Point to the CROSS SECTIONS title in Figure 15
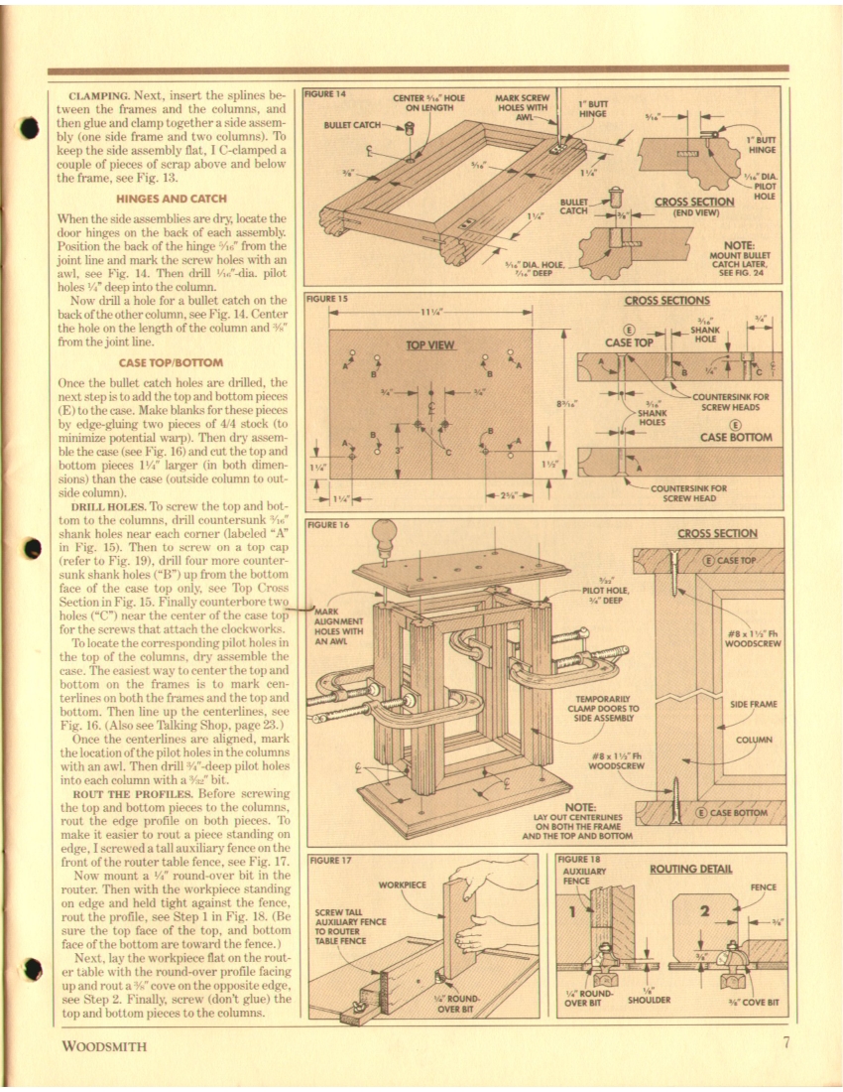coord(665,301)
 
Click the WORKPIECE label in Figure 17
coord(403,884)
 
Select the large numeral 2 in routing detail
coord(705,911)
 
